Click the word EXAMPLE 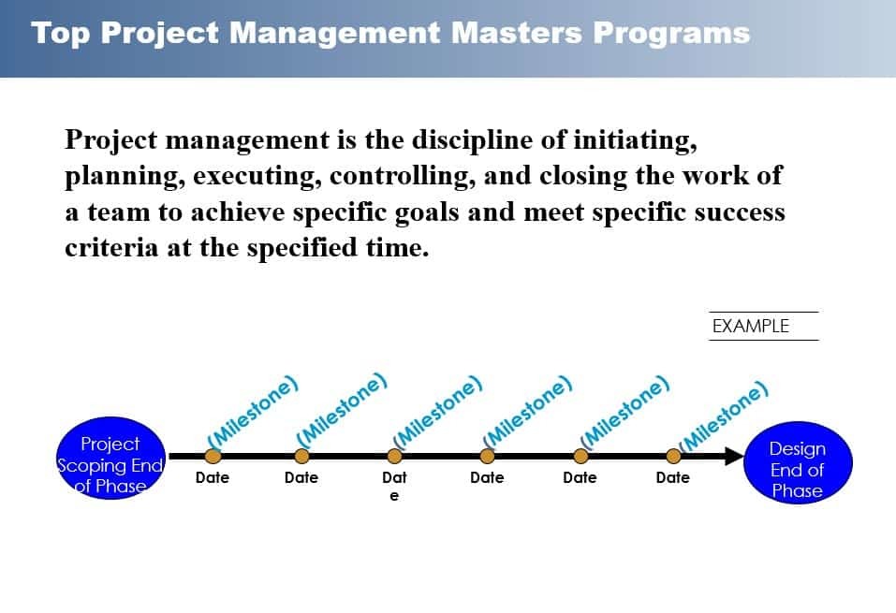click(x=751, y=326)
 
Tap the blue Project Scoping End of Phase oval click(x=110, y=463)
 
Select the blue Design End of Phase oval click(x=797, y=469)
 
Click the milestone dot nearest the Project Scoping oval click(x=213, y=456)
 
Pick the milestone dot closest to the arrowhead click(x=673, y=456)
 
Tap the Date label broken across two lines click(x=394, y=484)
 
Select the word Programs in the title click(x=671, y=34)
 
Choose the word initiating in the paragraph click(x=636, y=141)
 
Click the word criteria click(x=102, y=248)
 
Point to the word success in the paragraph click(x=739, y=212)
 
